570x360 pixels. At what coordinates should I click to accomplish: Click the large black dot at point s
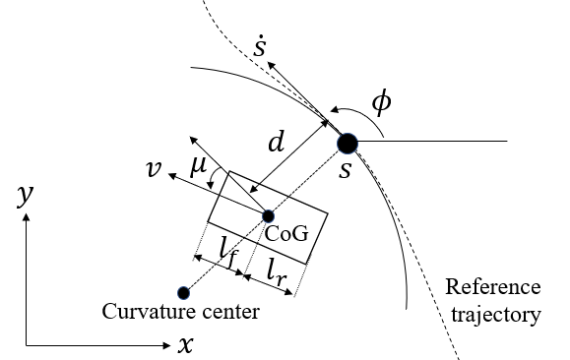[x=348, y=144]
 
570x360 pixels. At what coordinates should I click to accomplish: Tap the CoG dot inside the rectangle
[x=268, y=215]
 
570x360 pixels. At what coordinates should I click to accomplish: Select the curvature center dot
[x=183, y=292]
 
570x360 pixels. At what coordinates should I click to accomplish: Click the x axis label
[x=184, y=345]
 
